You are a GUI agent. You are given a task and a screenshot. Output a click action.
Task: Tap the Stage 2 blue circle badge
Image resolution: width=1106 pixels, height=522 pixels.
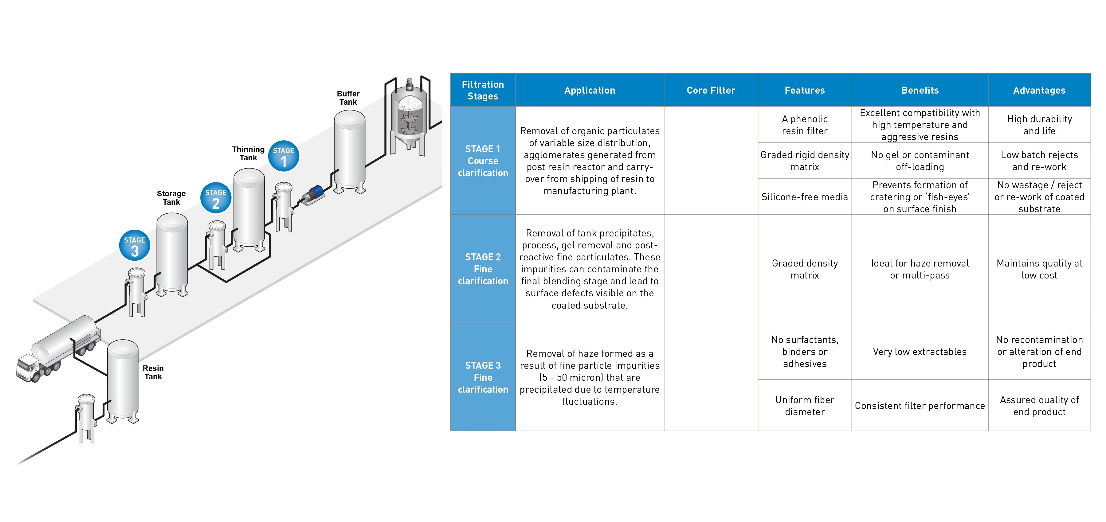(216, 198)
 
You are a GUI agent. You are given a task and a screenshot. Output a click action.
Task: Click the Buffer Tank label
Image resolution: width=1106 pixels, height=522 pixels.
(348, 98)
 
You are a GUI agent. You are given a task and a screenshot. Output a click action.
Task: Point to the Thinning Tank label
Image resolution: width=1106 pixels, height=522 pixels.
(248, 153)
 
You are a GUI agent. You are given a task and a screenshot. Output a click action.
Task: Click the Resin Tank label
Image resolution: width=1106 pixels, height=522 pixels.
(153, 372)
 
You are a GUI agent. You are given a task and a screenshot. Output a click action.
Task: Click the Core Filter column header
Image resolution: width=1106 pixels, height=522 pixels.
(711, 90)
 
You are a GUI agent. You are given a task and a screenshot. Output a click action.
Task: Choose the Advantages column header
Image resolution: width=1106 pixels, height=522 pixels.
(1039, 90)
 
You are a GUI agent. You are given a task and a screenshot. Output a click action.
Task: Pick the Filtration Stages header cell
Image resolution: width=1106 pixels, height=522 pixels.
(483, 90)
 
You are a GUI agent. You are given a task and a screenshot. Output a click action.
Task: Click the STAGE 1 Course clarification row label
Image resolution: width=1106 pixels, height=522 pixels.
(483, 161)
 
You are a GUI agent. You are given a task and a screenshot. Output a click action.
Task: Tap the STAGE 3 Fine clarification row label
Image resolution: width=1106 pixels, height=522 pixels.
(483, 377)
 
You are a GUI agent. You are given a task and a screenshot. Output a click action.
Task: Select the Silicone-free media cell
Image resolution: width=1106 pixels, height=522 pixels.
(805, 197)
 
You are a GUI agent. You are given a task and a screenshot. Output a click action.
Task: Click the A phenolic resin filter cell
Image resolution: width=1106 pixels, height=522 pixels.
(805, 125)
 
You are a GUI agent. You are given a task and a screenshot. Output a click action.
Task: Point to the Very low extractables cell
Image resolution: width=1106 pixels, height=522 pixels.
(920, 352)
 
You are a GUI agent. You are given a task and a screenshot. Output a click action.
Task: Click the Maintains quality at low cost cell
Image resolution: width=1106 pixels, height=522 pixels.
(1039, 269)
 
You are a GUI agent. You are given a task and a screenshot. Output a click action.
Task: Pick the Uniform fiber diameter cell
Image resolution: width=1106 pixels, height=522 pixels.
(805, 406)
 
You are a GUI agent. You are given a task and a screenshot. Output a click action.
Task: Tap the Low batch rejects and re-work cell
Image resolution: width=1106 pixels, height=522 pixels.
(1039, 161)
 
